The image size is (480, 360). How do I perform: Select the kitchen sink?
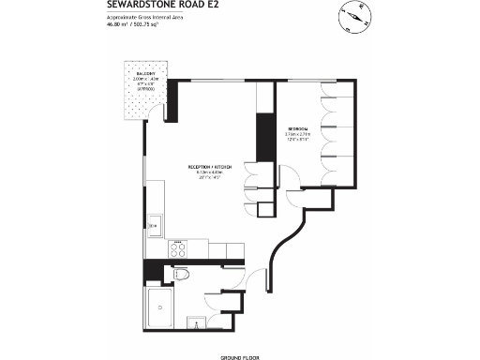[x=154, y=225]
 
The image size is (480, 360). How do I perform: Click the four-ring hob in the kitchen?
[x=176, y=249]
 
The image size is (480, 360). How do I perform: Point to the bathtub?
[x=160, y=308]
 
